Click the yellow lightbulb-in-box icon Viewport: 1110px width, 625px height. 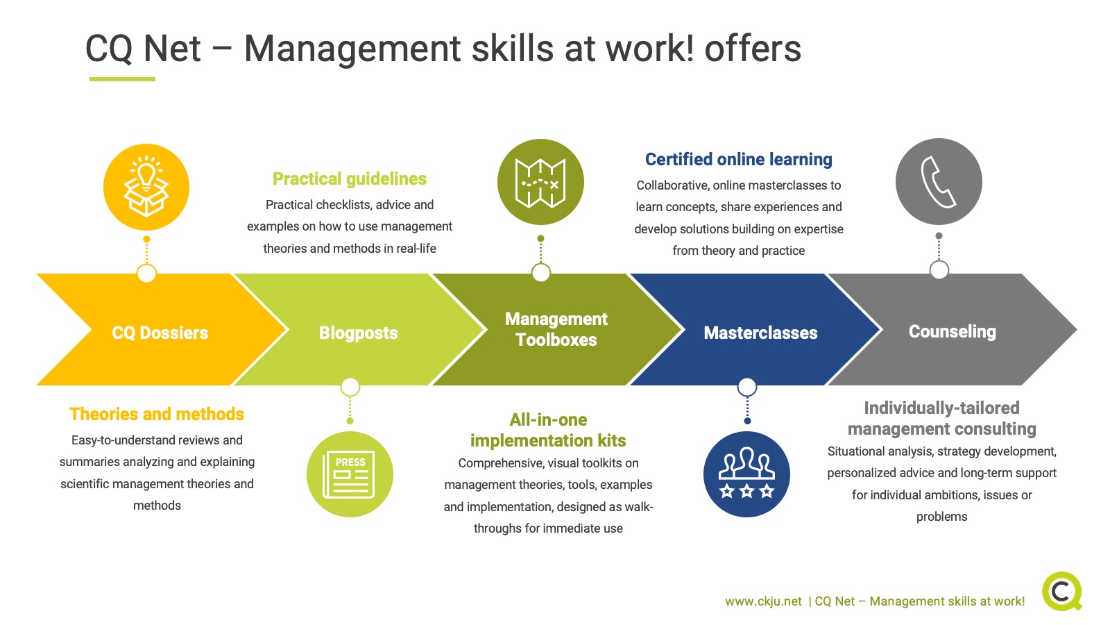point(146,187)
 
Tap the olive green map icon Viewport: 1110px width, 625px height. point(540,182)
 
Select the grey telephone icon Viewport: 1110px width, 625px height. point(939,181)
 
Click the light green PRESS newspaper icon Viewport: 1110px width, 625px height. point(350,474)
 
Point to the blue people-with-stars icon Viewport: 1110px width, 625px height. point(746,474)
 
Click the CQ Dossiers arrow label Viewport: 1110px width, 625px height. point(160,333)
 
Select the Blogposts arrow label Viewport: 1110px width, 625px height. point(358,333)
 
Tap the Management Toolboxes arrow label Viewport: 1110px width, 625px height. point(556,329)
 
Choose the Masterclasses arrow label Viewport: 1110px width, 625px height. point(760,333)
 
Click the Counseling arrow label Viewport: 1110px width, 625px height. point(953,331)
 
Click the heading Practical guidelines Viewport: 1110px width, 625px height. point(350,178)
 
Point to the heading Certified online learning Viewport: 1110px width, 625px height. point(738,159)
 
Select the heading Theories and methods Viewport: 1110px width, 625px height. point(157,414)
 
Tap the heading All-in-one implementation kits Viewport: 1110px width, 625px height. point(548,430)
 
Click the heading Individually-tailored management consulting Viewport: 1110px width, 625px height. point(941,418)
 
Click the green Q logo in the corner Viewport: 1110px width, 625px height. point(1062,591)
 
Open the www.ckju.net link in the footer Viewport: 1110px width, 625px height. point(763,601)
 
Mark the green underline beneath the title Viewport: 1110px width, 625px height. point(122,79)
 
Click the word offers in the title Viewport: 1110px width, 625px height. point(753,49)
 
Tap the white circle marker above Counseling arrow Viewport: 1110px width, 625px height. point(939,270)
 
